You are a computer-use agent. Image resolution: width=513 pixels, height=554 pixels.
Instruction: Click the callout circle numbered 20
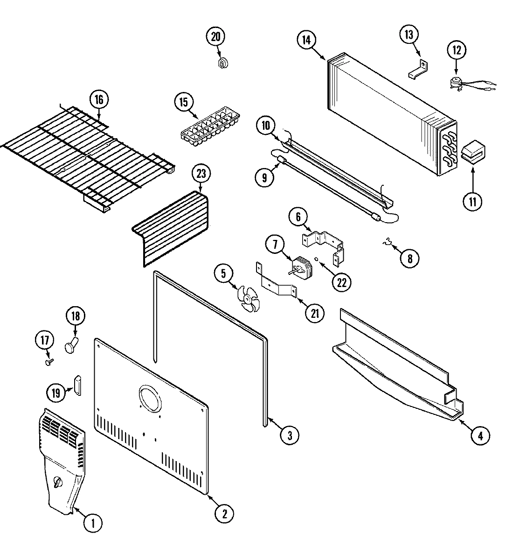215,37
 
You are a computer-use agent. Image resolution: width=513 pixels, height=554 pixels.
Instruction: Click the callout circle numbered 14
306,40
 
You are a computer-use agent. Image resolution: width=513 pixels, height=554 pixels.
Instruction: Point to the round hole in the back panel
151,400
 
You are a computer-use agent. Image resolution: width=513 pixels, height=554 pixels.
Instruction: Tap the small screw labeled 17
48,361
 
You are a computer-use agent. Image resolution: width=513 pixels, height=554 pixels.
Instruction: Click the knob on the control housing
58,482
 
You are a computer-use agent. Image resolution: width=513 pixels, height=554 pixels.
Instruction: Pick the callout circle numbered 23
201,175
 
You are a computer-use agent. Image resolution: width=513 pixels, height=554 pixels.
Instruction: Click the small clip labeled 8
386,242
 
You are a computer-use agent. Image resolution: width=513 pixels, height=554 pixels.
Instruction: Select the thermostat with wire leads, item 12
455,83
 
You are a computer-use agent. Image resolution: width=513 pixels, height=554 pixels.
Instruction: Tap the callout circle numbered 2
224,513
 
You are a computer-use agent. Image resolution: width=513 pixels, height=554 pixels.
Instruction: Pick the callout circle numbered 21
315,313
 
